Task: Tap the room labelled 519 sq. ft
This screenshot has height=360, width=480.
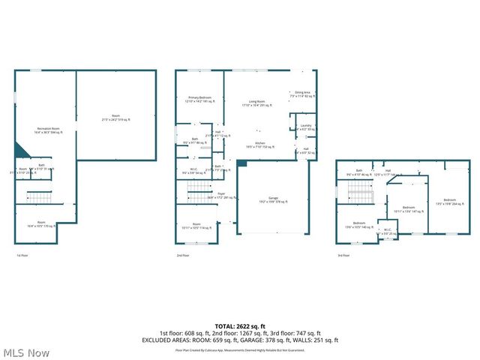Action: point(116,118)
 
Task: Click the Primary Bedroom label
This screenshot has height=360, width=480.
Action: point(199,99)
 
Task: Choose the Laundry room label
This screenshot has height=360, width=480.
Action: point(305,127)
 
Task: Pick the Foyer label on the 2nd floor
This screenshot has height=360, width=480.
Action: point(222,196)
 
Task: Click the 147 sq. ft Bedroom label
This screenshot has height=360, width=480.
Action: point(409,209)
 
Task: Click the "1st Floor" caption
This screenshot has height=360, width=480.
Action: point(23,256)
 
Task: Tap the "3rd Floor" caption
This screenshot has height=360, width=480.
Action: point(343,256)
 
